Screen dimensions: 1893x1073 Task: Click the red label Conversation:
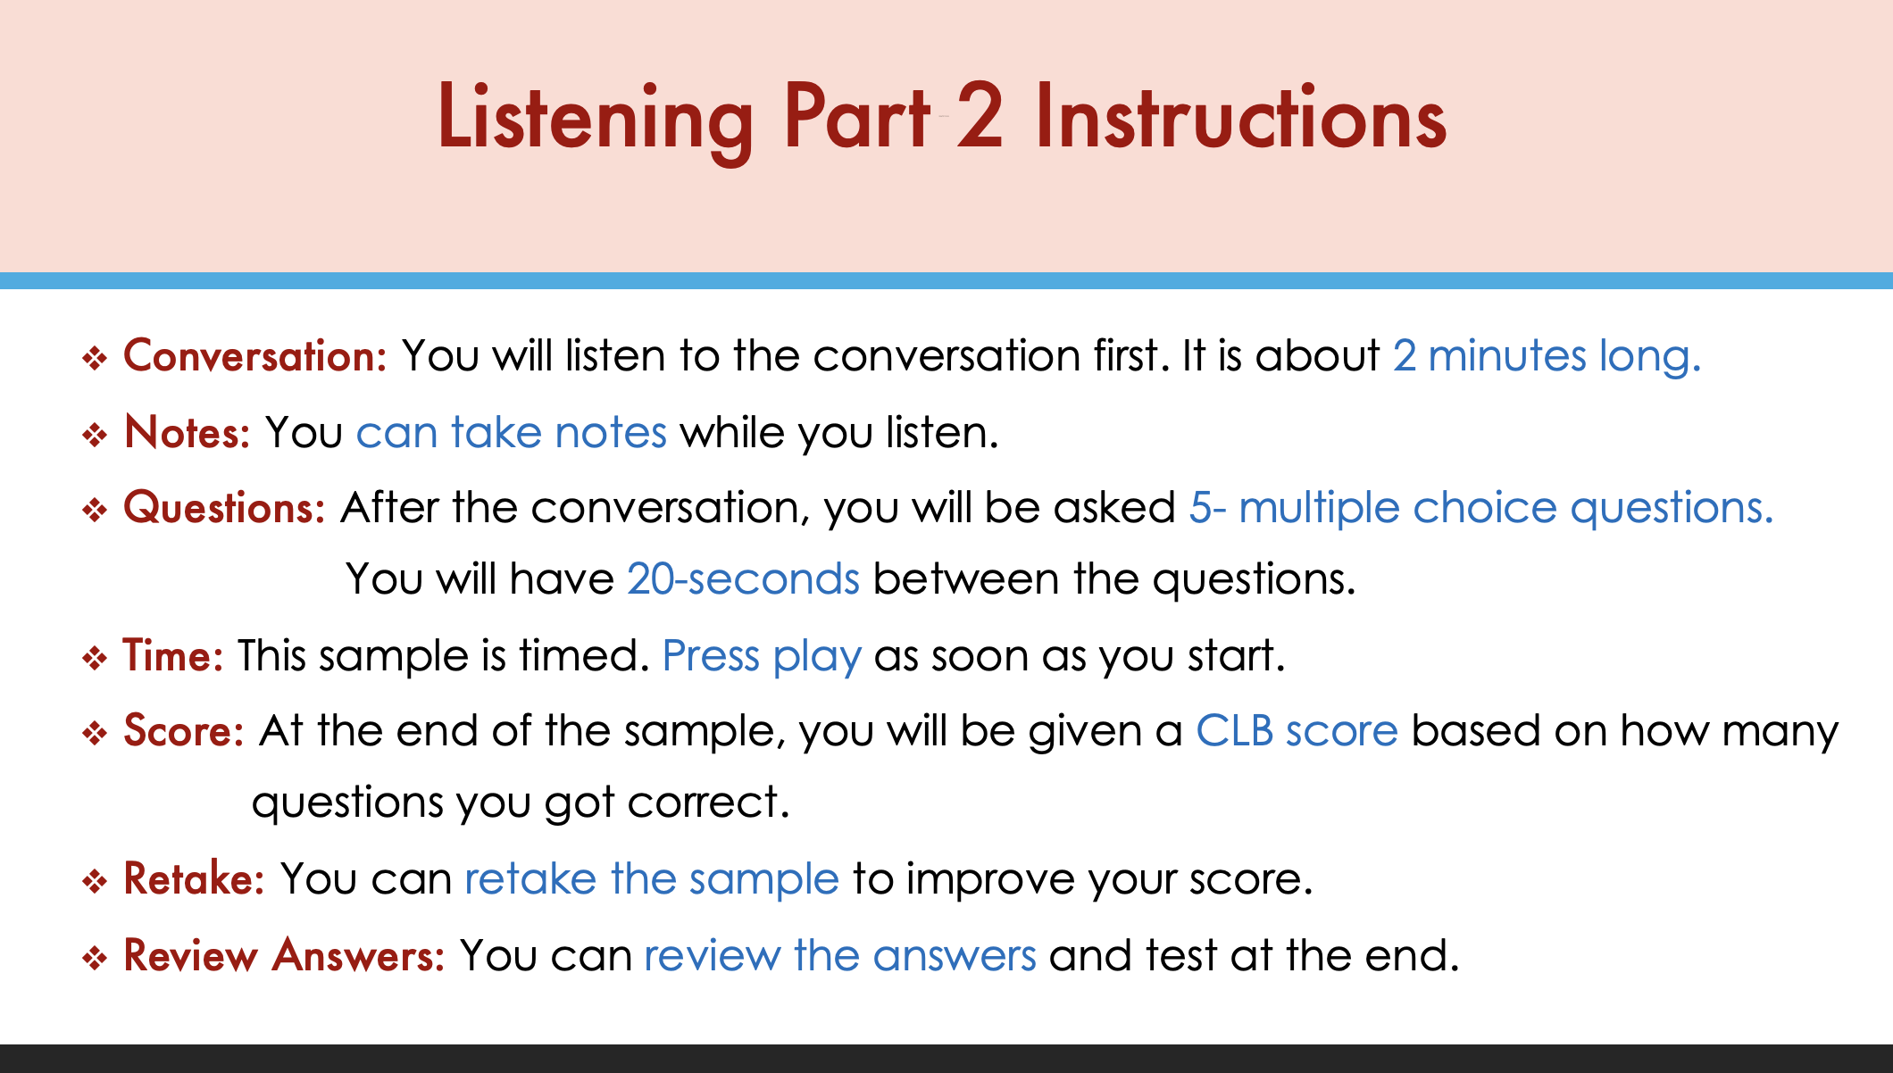coord(255,356)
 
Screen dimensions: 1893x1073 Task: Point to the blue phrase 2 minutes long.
coord(1547,356)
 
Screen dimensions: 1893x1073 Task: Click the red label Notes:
coord(188,432)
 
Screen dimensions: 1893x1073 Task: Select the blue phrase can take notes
coord(512,432)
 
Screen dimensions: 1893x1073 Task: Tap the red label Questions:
coord(225,508)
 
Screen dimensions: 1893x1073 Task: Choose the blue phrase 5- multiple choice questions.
coord(1481,509)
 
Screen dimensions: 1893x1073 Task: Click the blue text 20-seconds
coord(744,579)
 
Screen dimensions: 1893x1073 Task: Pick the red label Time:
coord(173,655)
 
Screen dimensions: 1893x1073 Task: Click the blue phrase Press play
coord(763,657)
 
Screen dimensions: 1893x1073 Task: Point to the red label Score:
coord(184,731)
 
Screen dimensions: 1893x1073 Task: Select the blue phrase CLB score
coord(1297,731)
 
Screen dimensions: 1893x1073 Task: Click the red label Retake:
coord(195,878)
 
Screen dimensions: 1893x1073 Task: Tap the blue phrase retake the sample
coord(653,880)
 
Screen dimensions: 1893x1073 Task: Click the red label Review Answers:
coord(285,955)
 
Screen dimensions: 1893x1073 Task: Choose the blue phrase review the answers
coord(840,955)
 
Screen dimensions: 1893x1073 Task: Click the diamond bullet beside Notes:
coord(95,436)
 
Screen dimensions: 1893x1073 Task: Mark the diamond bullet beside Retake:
coord(95,882)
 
